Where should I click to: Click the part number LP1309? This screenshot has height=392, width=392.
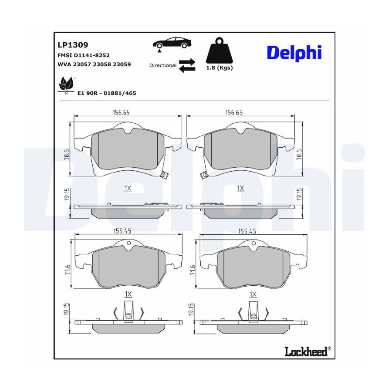click(73, 45)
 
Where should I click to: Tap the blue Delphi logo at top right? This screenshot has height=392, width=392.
click(294, 53)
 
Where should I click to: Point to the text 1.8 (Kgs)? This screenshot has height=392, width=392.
click(220, 68)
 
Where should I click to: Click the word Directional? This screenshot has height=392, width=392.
click(163, 65)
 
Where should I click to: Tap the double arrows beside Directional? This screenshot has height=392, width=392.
click(187, 65)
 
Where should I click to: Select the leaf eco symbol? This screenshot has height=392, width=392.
click(66, 84)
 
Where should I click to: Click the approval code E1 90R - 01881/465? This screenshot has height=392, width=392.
click(107, 93)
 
